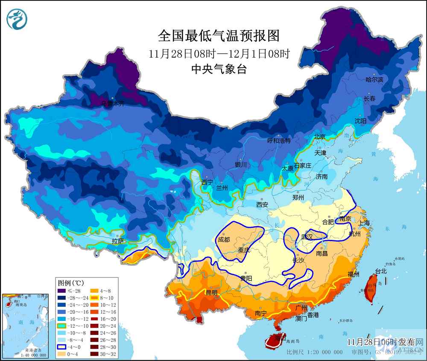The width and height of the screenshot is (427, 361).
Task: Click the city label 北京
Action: point(320,137)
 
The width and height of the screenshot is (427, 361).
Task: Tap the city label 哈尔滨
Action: point(374,80)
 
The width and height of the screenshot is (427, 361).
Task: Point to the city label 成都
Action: point(224,239)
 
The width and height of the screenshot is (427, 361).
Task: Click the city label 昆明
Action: point(211,293)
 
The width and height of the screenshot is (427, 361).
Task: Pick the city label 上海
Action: point(364,223)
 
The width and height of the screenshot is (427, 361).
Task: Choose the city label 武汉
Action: point(307,236)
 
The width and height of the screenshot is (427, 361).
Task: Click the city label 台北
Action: point(381,271)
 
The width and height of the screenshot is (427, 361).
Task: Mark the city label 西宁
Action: point(207,182)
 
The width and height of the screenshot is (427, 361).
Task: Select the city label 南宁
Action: point(261,313)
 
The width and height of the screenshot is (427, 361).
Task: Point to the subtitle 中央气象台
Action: point(219,69)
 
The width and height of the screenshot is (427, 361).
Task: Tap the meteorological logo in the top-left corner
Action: point(16,20)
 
